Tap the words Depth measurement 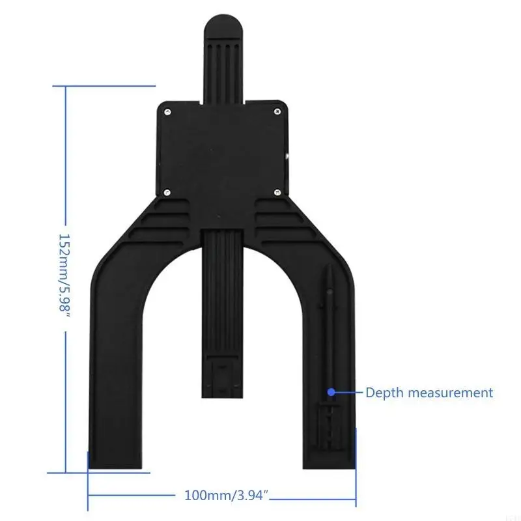429,393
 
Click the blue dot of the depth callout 331,393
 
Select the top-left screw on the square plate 167,112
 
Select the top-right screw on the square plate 277,112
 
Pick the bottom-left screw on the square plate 167,192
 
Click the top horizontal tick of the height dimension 104,85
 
